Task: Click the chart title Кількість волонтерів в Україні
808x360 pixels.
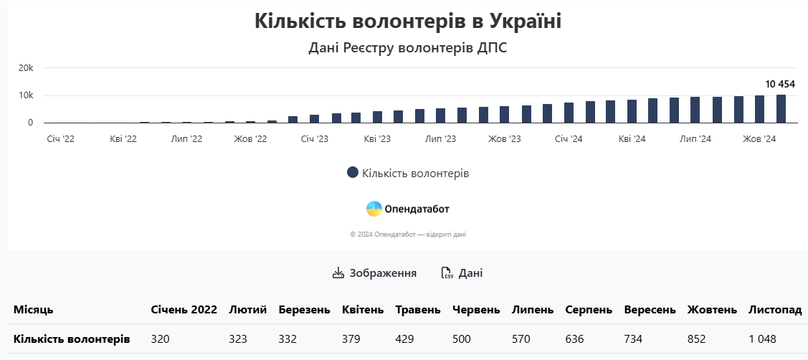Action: (407, 21)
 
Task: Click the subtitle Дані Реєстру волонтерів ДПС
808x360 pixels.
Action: (407, 48)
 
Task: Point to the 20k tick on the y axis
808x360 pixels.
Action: (26, 68)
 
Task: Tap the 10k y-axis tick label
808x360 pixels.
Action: (26, 95)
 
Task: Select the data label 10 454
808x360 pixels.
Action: (780, 84)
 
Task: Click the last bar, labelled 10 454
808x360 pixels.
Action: (781, 109)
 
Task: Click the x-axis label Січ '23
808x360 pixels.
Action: (314, 138)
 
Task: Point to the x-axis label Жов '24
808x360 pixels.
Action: (759, 138)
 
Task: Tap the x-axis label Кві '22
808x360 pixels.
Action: (123, 138)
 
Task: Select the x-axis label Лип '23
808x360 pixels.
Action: (440, 138)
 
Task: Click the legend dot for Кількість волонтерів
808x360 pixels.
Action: (352, 173)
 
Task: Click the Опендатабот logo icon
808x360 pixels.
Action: (374, 209)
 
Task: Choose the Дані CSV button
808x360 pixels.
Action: (462, 273)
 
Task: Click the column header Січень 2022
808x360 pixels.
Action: (184, 310)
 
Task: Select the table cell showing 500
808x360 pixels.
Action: (462, 338)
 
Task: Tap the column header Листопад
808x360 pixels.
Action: (775, 310)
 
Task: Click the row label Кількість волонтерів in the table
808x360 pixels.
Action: (72, 338)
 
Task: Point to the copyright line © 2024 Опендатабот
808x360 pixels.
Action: (408, 235)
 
